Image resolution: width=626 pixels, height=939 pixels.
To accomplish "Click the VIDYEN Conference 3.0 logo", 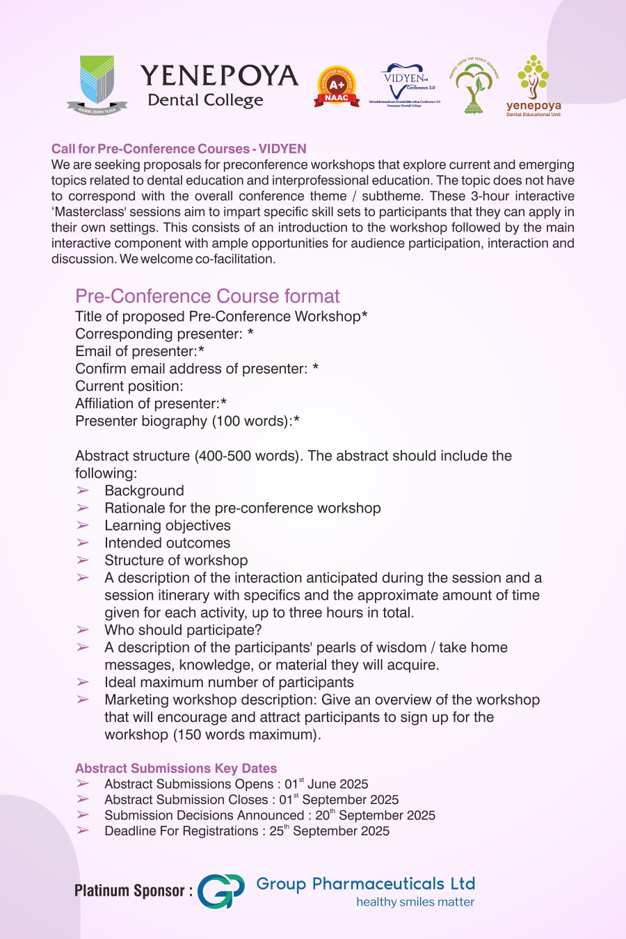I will [405, 86].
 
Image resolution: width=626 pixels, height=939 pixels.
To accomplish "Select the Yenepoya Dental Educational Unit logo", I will [533, 86].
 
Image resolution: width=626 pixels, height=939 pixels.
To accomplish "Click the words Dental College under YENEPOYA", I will [205, 100].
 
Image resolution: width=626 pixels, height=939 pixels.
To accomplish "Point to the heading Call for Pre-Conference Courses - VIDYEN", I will [179, 149].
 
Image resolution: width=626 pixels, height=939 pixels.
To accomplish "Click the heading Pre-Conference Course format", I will [207, 296].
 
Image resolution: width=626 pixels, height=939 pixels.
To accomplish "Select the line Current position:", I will [129, 386].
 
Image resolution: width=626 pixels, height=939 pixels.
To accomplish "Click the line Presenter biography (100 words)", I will [187, 421].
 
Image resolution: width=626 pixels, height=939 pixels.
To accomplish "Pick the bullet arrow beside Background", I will [83, 491].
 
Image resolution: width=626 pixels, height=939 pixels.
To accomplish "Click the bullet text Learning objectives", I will [167, 526].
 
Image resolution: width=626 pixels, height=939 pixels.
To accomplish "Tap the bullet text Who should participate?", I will [183, 630].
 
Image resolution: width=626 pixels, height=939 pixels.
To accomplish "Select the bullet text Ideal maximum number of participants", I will [229, 682].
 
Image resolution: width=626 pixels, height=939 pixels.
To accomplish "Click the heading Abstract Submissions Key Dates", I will [176, 768].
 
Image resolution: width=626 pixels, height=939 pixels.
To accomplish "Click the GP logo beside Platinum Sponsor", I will [221, 891].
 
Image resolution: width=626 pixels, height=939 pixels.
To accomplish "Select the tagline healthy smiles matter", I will [415, 902].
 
